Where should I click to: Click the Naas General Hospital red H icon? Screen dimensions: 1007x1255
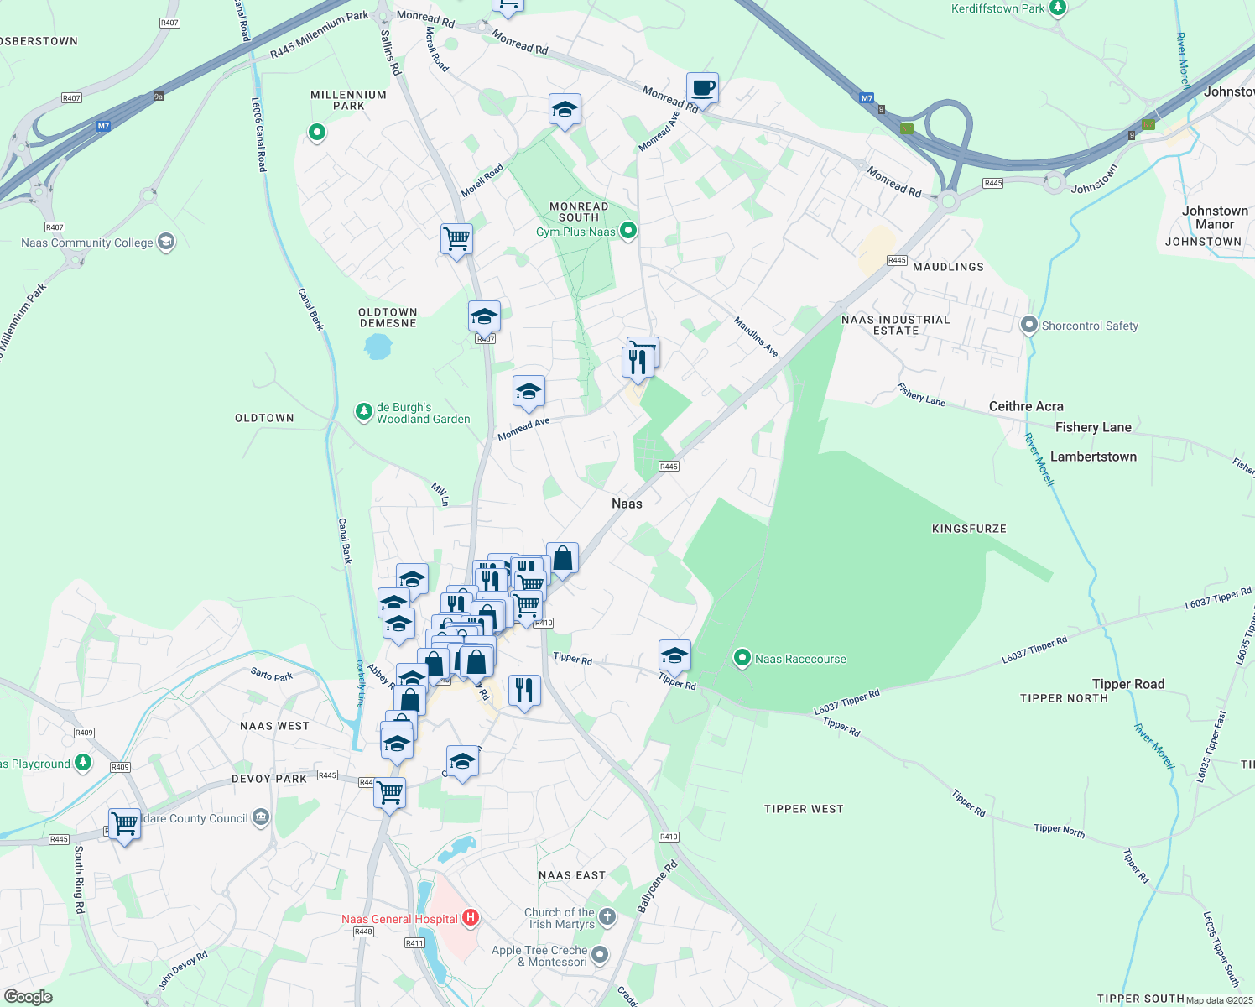coord(471,918)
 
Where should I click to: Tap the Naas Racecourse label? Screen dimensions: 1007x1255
coord(800,659)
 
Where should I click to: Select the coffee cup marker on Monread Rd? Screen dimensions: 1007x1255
coord(702,87)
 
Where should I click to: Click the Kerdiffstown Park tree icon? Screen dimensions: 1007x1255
coord(1058,8)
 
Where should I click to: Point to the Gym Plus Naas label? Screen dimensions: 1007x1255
coord(575,232)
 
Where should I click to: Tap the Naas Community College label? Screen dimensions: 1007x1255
coord(87,243)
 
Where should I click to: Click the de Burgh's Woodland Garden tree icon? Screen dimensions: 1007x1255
coord(363,412)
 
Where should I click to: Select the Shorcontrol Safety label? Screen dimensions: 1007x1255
coord(1090,326)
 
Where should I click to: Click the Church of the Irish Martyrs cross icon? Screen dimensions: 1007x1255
coord(607,917)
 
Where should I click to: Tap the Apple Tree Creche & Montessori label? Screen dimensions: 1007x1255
coord(539,956)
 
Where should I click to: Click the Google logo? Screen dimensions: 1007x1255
coord(28,997)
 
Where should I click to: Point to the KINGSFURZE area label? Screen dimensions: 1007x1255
coord(969,529)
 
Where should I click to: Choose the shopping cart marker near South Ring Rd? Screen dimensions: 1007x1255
coord(124,824)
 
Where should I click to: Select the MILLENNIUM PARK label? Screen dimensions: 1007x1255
coord(348,100)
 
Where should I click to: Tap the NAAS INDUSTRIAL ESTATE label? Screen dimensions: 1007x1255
coord(895,325)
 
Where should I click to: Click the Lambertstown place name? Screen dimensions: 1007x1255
coord(1093,457)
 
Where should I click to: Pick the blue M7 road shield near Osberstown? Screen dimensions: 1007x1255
coord(102,126)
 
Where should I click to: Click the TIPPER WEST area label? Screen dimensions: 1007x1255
coord(803,809)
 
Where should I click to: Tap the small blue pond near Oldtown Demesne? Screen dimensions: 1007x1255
coord(378,346)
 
